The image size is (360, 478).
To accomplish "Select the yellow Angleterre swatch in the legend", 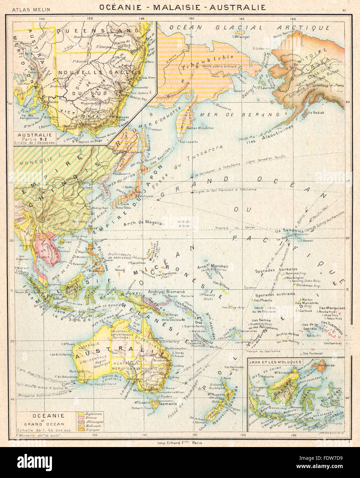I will click(x=82, y=413).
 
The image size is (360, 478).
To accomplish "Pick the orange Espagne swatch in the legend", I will click(x=82, y=430).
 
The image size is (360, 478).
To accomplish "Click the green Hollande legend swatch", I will click(x=82, y=426).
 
